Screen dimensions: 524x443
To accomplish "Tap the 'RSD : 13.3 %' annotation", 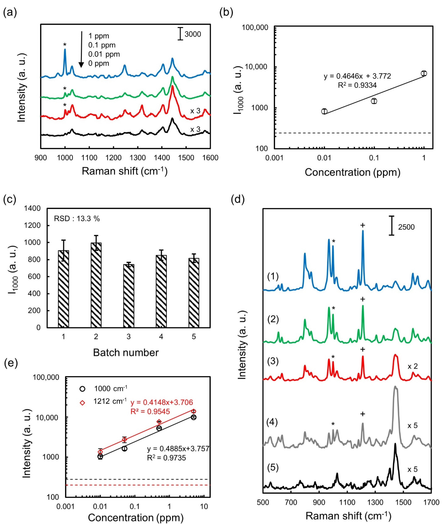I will pos(77,219).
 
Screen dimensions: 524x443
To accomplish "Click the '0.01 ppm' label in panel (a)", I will pos(104,54).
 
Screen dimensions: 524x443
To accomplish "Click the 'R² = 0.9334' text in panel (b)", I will pos(357,85).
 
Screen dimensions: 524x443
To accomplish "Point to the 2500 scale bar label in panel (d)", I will pos(406,227).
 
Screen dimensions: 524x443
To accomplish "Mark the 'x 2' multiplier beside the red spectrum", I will pos(413,366).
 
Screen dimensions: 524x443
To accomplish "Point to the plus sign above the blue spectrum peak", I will pos(362,225).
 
